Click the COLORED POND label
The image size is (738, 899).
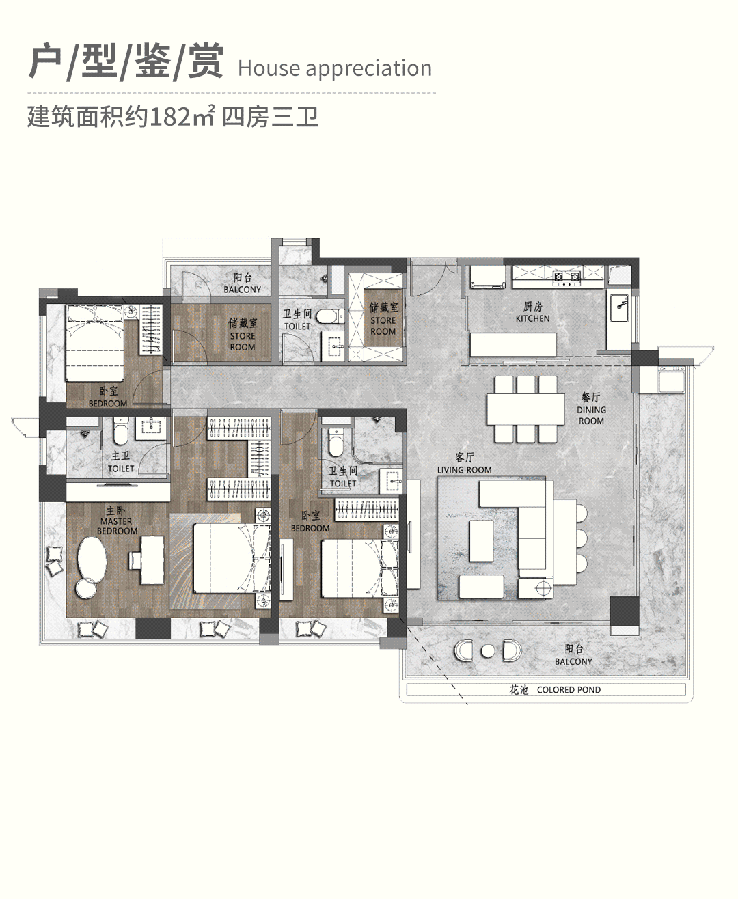coord(568,690)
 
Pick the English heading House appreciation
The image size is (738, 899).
coord(335,68)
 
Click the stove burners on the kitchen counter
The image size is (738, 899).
coord(566,277)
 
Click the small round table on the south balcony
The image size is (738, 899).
coord(487,651)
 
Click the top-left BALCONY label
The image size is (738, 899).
coord(242,284)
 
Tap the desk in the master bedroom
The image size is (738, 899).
coord(151,559)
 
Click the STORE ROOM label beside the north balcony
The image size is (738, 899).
coord(243,335)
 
